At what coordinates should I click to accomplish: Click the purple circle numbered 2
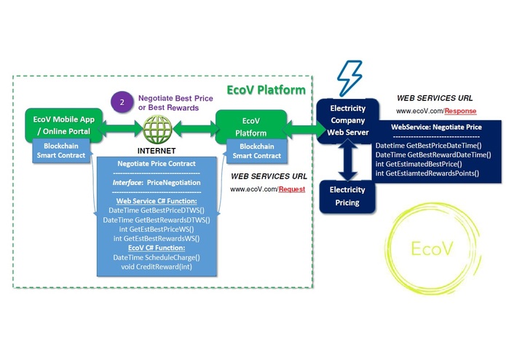pos(122,102)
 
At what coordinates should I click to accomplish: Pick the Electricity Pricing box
pos(347,195)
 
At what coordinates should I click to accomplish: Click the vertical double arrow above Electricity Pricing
pos(348,161)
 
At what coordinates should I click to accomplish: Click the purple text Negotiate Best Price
pos(172,98)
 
